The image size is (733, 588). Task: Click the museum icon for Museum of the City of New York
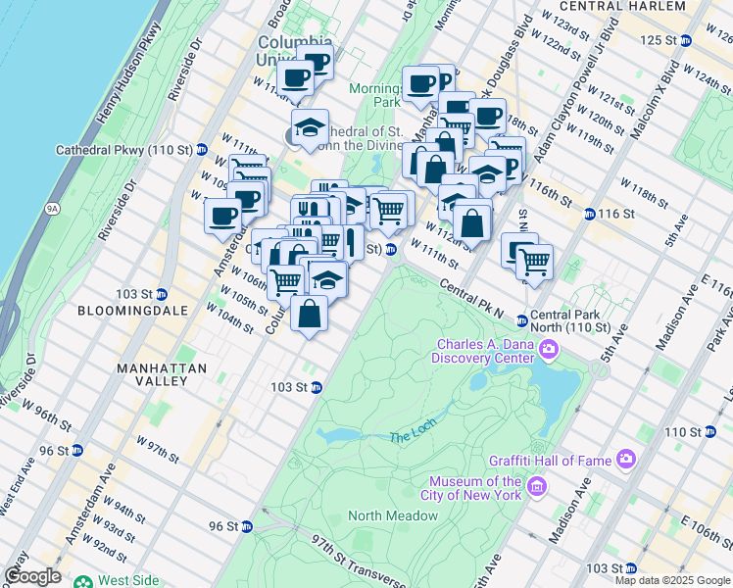coord(536,487)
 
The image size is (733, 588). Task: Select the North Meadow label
coord(392,516)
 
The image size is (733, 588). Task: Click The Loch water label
coord(410,437)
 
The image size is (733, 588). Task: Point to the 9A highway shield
coord(52,208)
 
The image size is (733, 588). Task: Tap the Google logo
coord(32,576)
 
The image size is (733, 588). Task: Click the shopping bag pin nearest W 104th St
coord(309,316)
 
